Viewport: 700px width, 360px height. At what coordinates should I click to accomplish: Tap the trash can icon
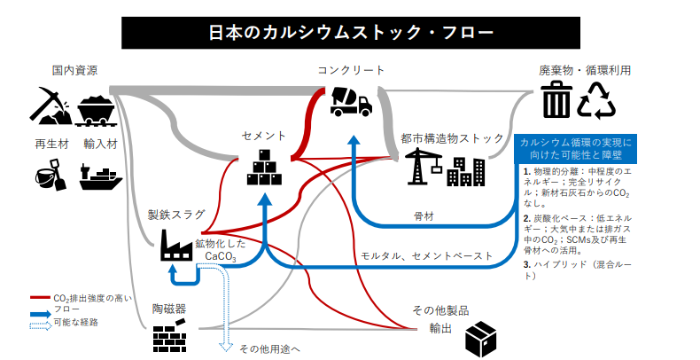point(556,99)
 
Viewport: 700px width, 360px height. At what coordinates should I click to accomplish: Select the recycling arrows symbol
point(597,100)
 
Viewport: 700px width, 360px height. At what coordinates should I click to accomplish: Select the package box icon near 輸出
point(484,338)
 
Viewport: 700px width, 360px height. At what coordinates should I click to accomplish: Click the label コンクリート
point(351,70)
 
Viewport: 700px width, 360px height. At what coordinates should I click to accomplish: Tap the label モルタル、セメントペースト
point(426,256)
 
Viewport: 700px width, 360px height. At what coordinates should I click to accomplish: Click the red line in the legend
point(40,297)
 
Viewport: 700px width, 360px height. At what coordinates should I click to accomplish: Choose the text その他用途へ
point(269,348)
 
